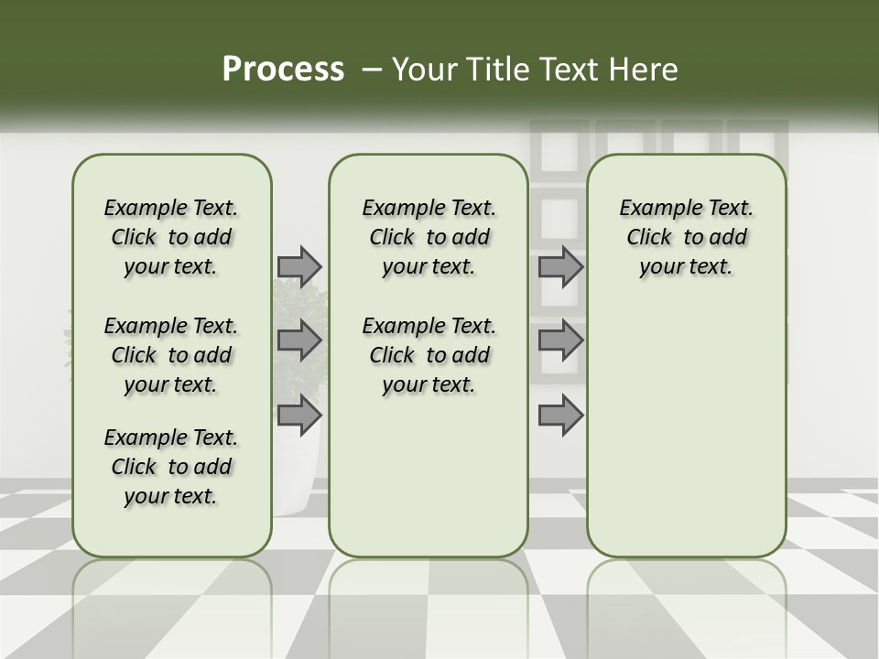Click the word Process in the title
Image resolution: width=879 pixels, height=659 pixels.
pos(283,70)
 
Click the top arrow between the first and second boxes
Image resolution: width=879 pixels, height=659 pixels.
pos(299,266)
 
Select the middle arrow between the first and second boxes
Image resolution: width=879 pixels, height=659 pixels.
pos(299,340)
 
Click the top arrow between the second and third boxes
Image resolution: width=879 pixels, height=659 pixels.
pos(560,266)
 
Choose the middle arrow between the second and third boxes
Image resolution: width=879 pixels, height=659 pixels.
pos(560,340)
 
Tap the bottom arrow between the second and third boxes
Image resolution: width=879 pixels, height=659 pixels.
pos(560,416)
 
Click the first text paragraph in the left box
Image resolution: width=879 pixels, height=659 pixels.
pos(170,237)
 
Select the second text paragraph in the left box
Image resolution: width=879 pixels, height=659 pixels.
pos(170,355)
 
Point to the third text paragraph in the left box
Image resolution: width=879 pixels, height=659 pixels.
pos(170,467)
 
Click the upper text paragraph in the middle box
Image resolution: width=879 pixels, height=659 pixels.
pos(429,237)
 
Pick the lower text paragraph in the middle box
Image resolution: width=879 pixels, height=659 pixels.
pos(429,355)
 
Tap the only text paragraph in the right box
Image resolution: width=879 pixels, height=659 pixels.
pos(686,237)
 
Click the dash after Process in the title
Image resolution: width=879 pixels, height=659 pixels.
pos(372,70)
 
